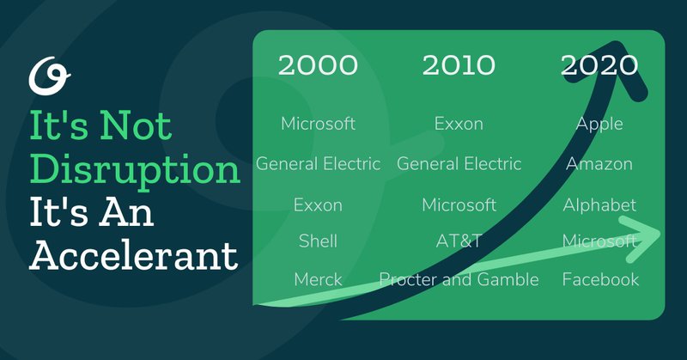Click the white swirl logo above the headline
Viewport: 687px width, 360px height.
[x=49, y=76]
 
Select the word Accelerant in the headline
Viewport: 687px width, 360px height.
[x=134, y=255]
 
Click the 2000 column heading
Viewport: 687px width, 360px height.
[x=318, y=65]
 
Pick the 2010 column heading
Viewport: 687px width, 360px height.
[x=459, y=65]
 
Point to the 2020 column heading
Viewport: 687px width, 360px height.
[x=599, y=65]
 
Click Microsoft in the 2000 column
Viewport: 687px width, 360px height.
[x=318, y=124]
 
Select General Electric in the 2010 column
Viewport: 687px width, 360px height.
[x=459, y=164]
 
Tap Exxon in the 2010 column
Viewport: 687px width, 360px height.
[x=459, y=124]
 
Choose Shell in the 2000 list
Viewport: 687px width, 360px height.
[x=318, y=241]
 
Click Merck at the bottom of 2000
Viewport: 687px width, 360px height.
[x=318, y=279]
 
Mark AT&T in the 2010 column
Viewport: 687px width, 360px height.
[x=459, y=241]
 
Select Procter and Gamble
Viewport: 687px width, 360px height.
[x=459, y=279]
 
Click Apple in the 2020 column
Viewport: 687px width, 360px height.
[x=599, y=124]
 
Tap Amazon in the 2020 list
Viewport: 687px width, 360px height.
[x=599, y=164]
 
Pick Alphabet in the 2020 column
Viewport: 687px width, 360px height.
[x=599, y=204]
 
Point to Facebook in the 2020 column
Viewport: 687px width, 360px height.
[x=600, y=279]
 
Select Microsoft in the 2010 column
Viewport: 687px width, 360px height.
[x=459, y=204]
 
